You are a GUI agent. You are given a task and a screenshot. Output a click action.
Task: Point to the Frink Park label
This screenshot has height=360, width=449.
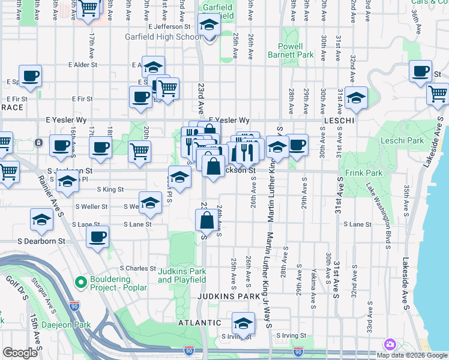[x=360, y=173]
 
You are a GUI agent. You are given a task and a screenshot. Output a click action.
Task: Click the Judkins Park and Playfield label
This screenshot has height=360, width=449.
[x=182, y=275]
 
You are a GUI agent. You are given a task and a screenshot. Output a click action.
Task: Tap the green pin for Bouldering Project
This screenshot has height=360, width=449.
[x=80, y=281]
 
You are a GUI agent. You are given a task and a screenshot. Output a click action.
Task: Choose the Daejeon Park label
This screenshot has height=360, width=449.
[x=66, y=325]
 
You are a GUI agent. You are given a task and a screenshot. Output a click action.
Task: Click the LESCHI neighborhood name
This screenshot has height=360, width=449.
[x=341, y=121]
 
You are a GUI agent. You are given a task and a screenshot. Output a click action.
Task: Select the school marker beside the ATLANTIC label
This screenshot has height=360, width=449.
[x=243, y=322]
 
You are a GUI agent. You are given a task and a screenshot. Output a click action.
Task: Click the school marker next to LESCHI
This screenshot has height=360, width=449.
[x=356, y=97]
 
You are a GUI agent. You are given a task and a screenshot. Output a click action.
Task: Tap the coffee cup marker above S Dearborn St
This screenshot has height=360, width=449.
[x=97, y=236]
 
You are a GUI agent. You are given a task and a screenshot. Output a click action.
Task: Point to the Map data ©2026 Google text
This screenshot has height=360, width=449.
[x=411, y=355]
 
